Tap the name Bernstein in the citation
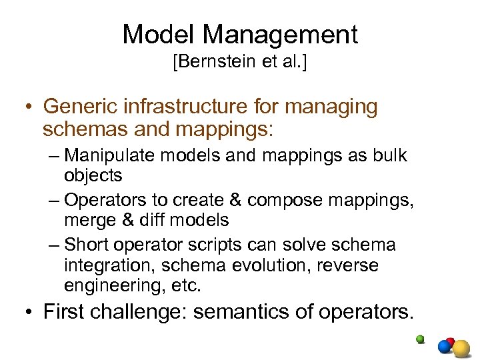pos(207,63)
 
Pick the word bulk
pos(389,156)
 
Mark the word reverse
pos(349,265)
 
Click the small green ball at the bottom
pos(420,339)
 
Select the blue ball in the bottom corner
pos(443,346)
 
